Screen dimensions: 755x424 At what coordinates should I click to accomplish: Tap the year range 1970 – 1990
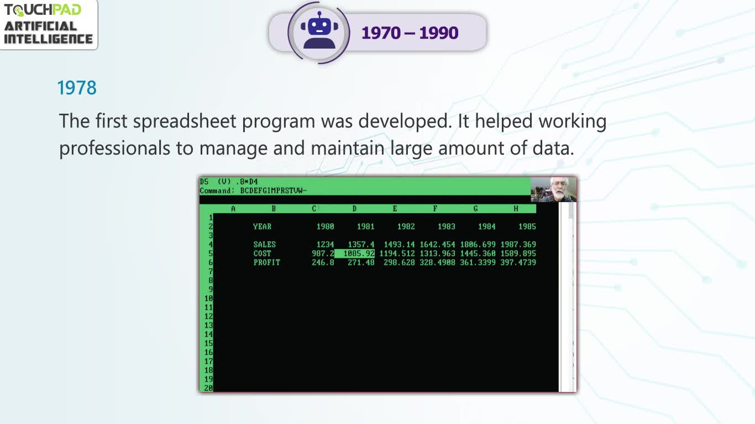(410, 33)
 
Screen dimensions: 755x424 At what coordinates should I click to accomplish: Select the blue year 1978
(77, 88)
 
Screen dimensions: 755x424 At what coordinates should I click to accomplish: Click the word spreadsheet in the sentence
(185, 121)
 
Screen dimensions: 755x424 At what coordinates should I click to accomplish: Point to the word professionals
(114, 149)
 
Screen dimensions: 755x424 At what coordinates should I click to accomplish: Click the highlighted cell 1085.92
(355, 253)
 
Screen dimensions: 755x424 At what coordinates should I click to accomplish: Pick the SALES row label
(265, 245)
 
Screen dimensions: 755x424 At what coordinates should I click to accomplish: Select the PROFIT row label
(266, 262)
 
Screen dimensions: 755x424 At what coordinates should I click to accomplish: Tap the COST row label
(262, 253)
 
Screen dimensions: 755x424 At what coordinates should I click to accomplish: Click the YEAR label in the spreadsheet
(262, 226)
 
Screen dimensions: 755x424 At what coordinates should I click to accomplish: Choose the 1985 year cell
(527, 227)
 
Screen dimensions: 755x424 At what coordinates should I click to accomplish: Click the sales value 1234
(325, 245)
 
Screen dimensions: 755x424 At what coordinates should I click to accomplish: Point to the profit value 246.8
(323, 262)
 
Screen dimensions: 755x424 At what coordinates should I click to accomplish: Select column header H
(516, 209)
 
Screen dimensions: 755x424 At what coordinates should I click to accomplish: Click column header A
(233, 209)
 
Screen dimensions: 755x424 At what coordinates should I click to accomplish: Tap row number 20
(208, 388)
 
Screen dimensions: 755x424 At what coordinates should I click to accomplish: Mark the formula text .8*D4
(247, 182)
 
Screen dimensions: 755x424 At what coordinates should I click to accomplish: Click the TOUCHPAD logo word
(43, 10)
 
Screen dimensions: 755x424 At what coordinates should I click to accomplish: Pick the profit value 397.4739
(518, 262)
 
